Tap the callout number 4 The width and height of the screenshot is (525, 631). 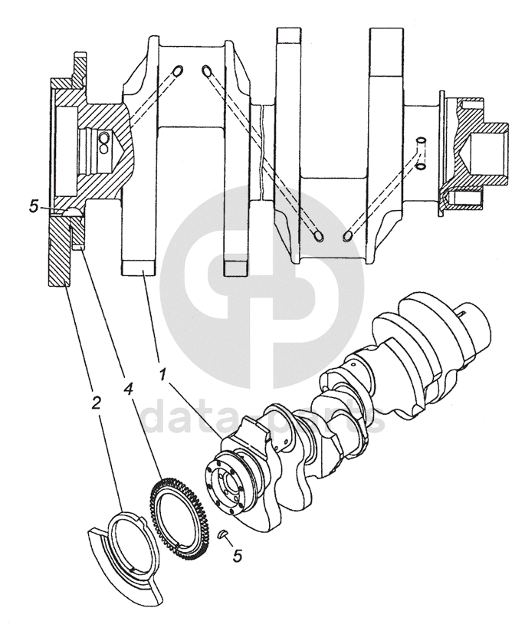coord(128,389)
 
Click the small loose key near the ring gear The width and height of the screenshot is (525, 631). coord(222,534)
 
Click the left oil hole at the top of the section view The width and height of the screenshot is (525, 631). coord(177,71)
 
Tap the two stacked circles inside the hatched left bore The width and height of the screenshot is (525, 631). coord(103,143)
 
